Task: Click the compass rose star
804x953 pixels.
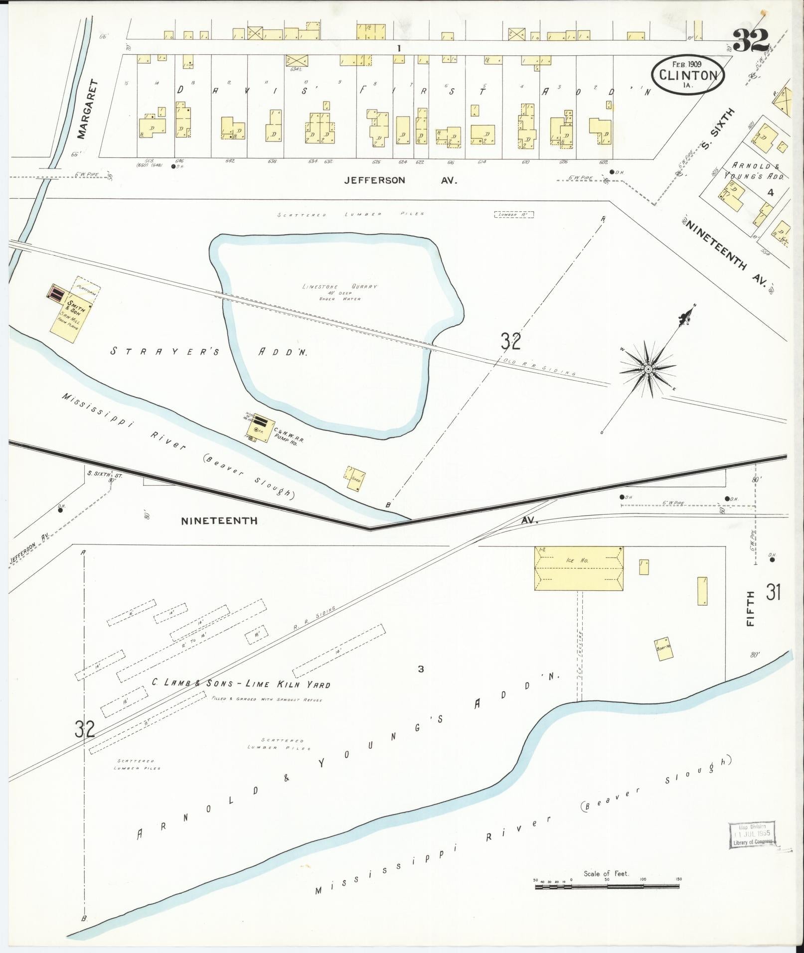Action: [648, 369]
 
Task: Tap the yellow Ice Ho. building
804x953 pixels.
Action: [579, 568]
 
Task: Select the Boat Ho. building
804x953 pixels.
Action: [663, 649]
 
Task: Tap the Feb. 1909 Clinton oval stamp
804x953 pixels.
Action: [687, 73]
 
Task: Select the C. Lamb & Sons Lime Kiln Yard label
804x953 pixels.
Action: [241, 683]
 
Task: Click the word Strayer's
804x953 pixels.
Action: [164, 351]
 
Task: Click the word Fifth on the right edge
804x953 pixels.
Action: [751, 609]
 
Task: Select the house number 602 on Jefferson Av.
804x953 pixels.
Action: [604, 161]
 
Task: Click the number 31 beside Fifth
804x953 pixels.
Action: [773, 592]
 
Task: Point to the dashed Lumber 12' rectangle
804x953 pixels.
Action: [514, 214]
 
